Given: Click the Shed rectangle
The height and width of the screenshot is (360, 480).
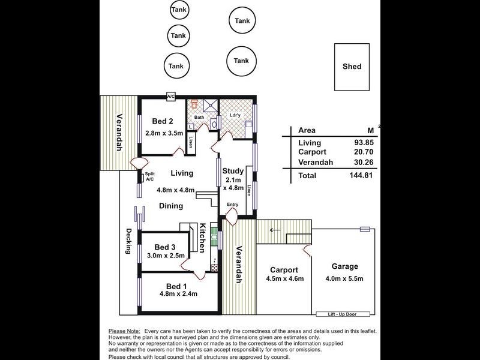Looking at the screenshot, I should (x=352, y=67).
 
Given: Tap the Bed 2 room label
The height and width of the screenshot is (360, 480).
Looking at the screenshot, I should (x=163, y=120).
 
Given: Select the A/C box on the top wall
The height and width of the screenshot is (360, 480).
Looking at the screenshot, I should (x=170, y=96).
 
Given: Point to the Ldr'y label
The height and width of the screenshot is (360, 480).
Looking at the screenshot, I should (x=235, y=116).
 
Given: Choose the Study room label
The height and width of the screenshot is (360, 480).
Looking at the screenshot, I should (x=232, y=170).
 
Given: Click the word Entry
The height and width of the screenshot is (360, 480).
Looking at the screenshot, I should (x=232, y=205).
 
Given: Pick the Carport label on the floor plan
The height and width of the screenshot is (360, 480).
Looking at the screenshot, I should (x=284, y=269).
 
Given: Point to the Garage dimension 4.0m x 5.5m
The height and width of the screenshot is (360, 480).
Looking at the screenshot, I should (x=345, y=278).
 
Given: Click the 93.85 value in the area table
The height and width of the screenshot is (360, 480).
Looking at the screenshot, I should (x=358, y=143).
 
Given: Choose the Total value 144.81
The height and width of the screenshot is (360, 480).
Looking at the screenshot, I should (x=357, y=176).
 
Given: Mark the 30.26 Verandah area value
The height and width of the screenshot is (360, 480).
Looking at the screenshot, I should (x=358, y=161).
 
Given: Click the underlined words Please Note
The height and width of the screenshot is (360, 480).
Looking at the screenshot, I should (x=124, y=331).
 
